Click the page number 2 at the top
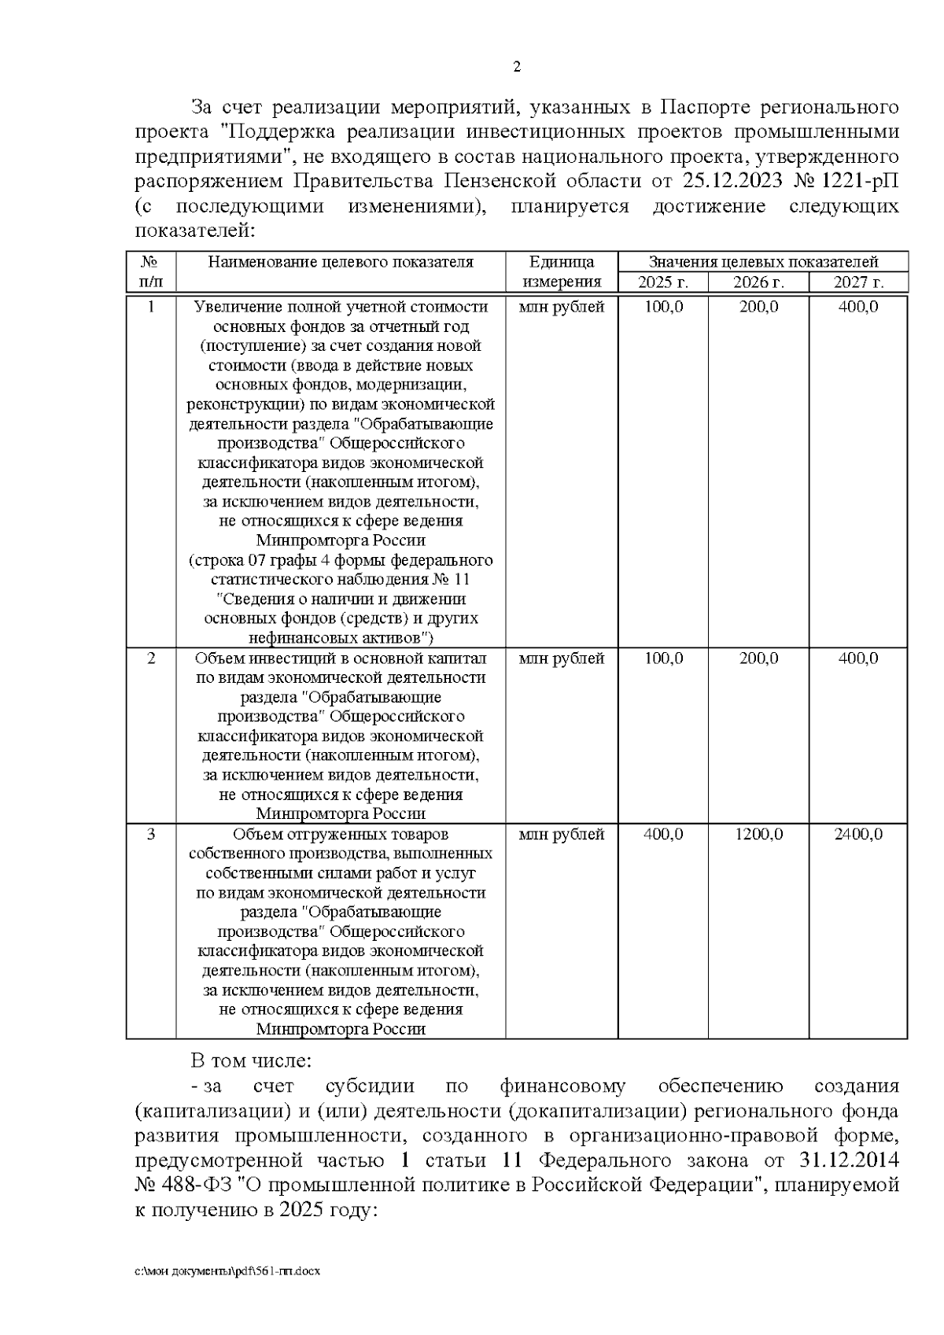(x=517, y=68)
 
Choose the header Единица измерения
(x=562, y=272)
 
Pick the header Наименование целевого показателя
(x=341, y=263)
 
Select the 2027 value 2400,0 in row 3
(x=858, y=835)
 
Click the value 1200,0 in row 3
(x=758, y=835)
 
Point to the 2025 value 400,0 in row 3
(x=663, y=835)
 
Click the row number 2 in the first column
(x=151, y=658)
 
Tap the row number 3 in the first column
(x=151, y=835)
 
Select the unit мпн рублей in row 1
(x=562, y=308)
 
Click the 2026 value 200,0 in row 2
(x=758, y=658)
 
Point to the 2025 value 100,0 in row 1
(x=663, y=308)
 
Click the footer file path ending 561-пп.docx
(x=228, y=1271)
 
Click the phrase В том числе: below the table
(x=251, y=1061)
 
